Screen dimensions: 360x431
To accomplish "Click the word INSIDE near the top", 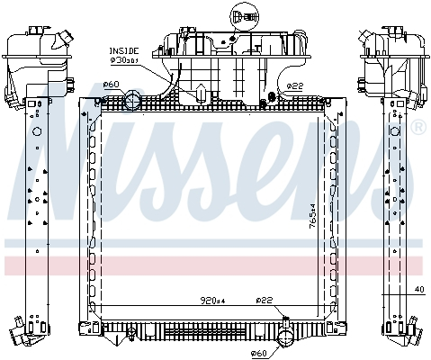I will (121, 51).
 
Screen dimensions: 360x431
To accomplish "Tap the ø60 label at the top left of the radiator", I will (111, 85).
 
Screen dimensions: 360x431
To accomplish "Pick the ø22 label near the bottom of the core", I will (264, 300).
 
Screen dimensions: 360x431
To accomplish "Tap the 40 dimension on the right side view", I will (418, 289).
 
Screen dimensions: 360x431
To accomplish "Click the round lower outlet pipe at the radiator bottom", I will (285, 340).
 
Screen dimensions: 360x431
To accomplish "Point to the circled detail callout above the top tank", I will (240, 16).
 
